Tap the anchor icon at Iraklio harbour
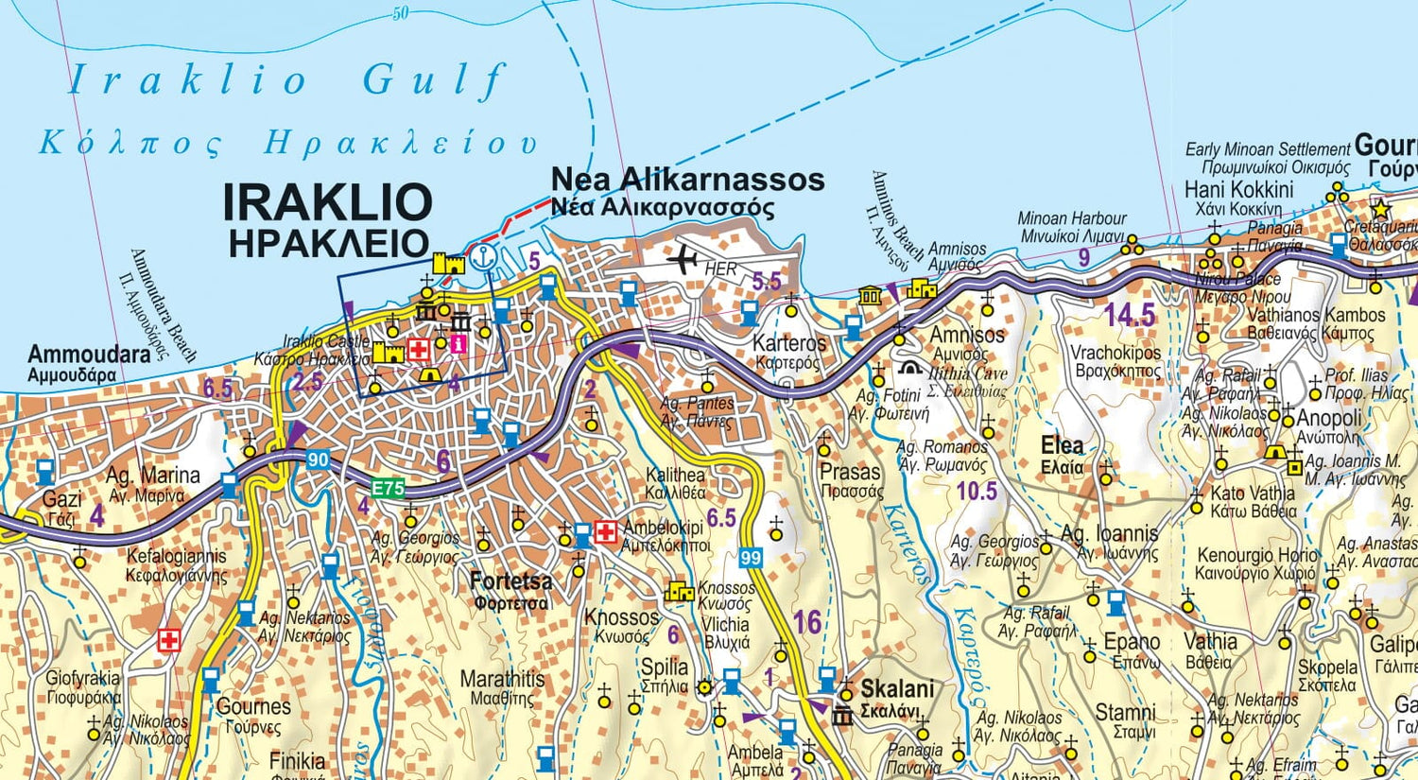click(x=482, y=256)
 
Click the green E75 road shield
click(x=388, y=489)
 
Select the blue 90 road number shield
click(x=319, y=460)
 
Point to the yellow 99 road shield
click(x=751, y=558)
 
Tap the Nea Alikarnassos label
click(x=687, y=180)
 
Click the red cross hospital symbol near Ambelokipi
click(x=606, y=531)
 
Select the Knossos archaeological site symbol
click(x=679, y=592)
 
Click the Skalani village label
click(x=897, y=688)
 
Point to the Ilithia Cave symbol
click(x=910, y=369)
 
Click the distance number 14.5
click(x=1130, y=314)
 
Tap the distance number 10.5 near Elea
click(x=977, y=491)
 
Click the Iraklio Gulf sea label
click(x=288, y=80)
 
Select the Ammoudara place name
click(x=89, y=355)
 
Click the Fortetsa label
click(x=510, y=581)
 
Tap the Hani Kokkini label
click(x=1238, y=189)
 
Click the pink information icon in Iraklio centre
click(x=458, y=344)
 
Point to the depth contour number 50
click(x=400, y=13)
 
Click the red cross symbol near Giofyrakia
click(x=169, y=640)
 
